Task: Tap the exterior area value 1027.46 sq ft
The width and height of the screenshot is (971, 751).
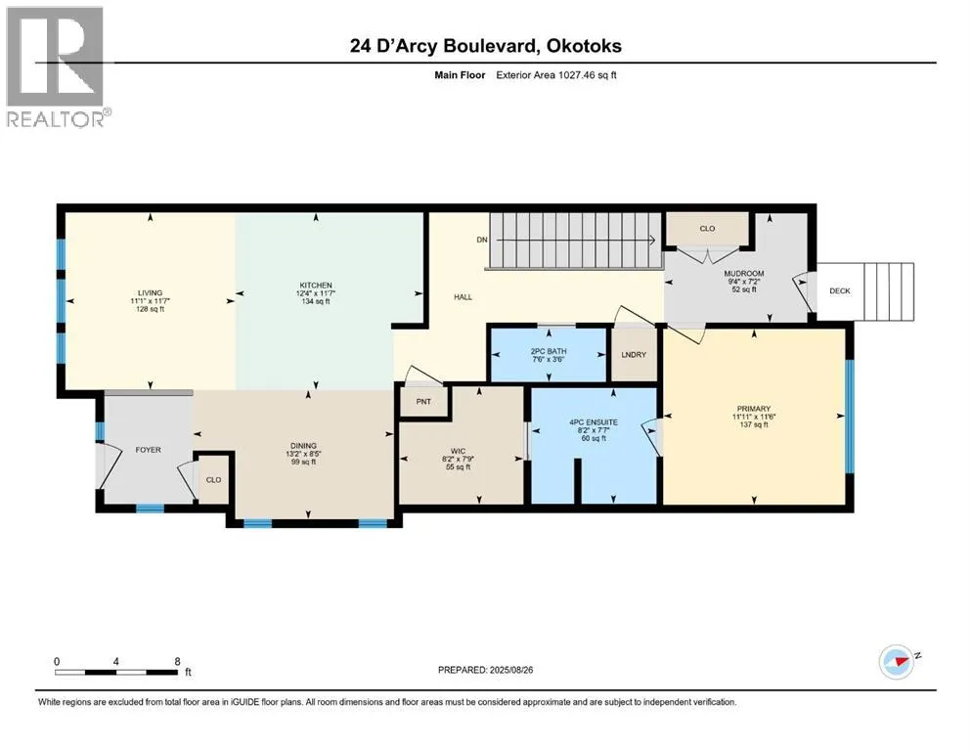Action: click(x=588, y=75)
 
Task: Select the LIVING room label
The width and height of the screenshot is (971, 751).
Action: click(x=150, y=292)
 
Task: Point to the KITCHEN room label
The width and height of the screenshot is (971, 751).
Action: click(x=316, y=286)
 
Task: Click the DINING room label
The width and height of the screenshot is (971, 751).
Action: click(x=303, y=446)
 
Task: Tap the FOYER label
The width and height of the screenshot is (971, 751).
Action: click(x=148, y=450)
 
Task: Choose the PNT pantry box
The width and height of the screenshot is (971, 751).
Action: click(x=423, y=402)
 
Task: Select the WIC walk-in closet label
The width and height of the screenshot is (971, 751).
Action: click(x=459, y=452)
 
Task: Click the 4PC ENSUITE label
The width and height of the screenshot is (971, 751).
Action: click(x=594, y=422)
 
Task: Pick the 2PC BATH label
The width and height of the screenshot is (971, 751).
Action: click(x=549, y=351)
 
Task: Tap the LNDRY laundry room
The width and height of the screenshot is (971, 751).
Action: click(x=634, y=354)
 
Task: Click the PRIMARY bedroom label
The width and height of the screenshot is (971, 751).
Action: click(x=754, y=409)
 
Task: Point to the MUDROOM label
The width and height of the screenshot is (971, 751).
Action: click(x=744, y=273)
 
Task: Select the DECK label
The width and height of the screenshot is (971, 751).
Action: click(x=840, y=291)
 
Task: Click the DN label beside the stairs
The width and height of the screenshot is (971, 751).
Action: click(x=482, y=240)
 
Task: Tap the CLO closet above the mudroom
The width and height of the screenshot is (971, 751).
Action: click(x=707, y=229)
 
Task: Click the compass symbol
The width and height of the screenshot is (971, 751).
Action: click(x=897, y=662)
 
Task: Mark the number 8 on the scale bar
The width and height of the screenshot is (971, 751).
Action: click(x=177, y=661)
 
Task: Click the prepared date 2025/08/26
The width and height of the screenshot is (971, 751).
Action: click(x=510, y=670)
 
